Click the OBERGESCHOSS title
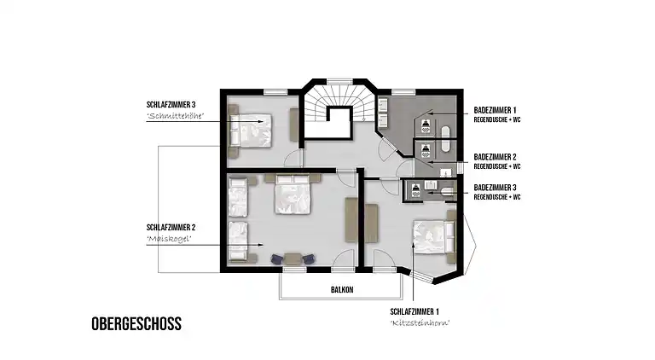point(136,323)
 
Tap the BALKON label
point(342,289)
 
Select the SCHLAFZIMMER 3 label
point(171,104)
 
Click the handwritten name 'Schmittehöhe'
point(175,116)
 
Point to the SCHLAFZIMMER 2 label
point(171,228)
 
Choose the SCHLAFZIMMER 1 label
point(414,311)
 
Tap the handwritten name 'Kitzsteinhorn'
point(420,322)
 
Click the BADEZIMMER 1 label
point(495,110)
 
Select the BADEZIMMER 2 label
point(495,157)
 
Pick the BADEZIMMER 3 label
point(495,188)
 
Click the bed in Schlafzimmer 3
point(250,131)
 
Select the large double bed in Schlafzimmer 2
point(293,195)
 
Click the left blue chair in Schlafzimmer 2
point(277,259)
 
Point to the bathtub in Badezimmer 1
point(446,139)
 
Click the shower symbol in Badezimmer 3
point(415,189)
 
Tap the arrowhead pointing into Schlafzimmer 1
point(413,245)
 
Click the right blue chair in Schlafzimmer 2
point(308,259)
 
